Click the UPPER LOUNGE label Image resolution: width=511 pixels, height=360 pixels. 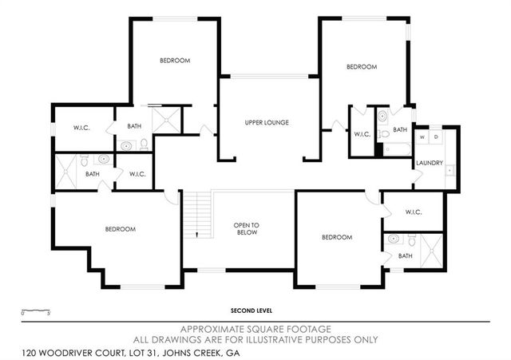tap(266, 122)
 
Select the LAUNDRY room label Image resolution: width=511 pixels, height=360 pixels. tap(429, 164)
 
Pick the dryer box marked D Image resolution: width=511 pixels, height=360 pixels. tap(435, 137)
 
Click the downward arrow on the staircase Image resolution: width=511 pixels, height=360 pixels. tap(194, 233)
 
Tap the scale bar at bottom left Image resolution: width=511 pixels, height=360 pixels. tap(36, 309)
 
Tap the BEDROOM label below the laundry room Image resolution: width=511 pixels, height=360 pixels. tap(337, 237)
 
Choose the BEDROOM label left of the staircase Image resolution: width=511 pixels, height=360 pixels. tap(121, 229)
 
